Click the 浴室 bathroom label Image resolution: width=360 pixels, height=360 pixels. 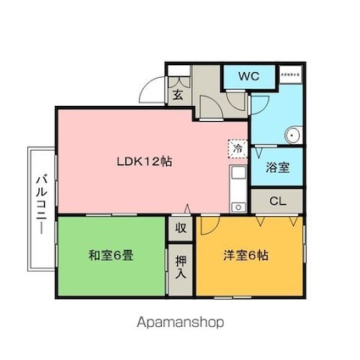point(277,168)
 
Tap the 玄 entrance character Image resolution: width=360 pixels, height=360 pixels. point(179,94)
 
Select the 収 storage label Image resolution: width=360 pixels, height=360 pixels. point(181,228)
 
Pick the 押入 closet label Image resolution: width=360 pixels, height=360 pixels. point(181,269)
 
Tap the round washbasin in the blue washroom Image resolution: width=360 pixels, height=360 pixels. point(293,134)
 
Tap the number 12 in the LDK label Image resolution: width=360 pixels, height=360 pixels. point(155,161)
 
